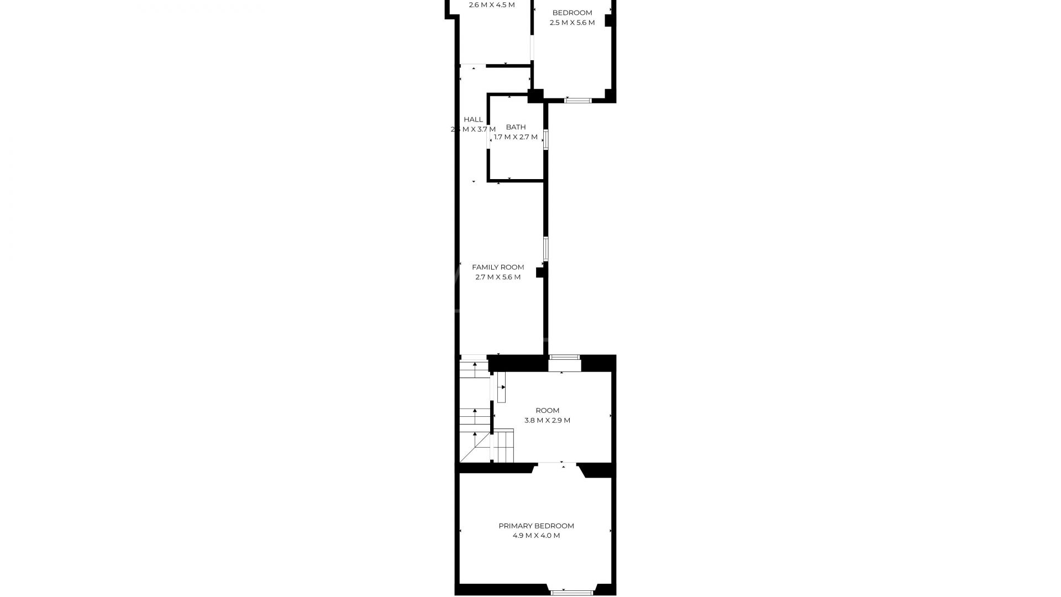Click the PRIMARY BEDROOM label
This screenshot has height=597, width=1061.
pos(536,526)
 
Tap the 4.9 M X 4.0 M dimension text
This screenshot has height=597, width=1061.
pos(536,536)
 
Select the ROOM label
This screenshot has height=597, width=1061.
pos(547,410)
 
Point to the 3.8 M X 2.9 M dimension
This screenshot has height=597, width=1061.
pos(547,420)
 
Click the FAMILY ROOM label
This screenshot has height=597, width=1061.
pos(498,267)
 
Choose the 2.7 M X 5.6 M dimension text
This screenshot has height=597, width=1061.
pos(498,277)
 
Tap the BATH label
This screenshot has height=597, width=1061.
pos(516,127)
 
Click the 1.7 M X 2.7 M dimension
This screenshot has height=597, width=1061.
pos(516,137)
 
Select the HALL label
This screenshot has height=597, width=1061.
pos(473,119)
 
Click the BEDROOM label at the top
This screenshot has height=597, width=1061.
pos(572,13)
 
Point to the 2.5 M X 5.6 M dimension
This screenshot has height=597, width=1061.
pos(572,23)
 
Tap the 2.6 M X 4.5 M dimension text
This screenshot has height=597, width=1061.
pos(491,5)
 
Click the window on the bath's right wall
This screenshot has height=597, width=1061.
pos(546,139)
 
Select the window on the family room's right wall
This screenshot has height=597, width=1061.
pos(546,249)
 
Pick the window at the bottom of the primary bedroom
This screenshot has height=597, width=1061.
pos(571,593)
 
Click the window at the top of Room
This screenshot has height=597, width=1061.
pos(564,357)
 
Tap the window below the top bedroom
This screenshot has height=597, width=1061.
pos(577,101)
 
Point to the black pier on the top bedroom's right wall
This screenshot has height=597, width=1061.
pos(608,20)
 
